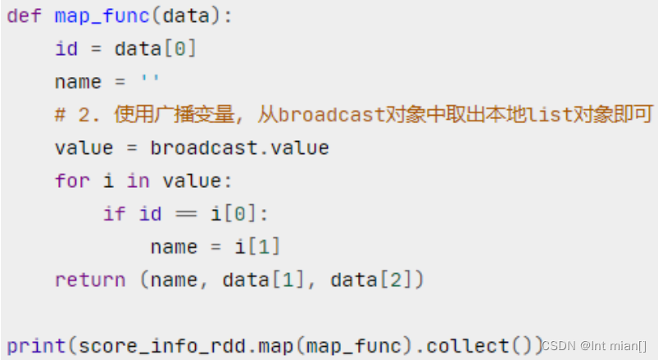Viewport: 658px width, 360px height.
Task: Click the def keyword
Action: [x=25, y=16]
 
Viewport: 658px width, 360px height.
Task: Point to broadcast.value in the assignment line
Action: [x=239, y=148]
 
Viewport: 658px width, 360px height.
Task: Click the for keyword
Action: [x=72, y=181]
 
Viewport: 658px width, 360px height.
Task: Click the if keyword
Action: [x=114, y=214]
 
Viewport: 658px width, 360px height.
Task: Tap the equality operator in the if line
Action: [x=186, y=214]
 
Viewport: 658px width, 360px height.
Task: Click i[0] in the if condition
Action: [x=239, y=214]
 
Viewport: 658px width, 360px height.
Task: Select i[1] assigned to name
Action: [x=263, y=247]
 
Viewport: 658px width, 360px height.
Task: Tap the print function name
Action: [x=37, y=345]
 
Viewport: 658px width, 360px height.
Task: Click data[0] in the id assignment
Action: [x=156, y=49]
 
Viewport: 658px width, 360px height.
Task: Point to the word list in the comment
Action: [x=550, y=116]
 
